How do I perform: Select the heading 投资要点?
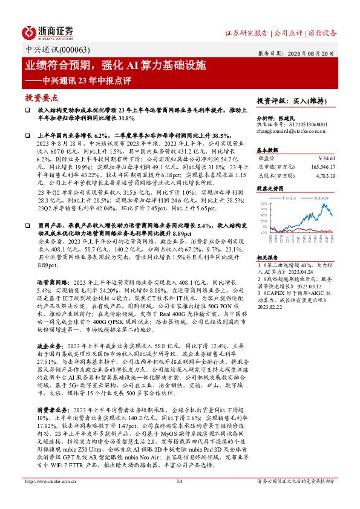point(40,97)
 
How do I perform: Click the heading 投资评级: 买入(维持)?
point(288,100)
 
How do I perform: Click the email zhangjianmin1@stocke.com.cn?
point(292,131)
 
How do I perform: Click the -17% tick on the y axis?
point(262,232)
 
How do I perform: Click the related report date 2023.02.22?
point(269,306)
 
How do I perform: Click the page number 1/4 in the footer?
point(179,498)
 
